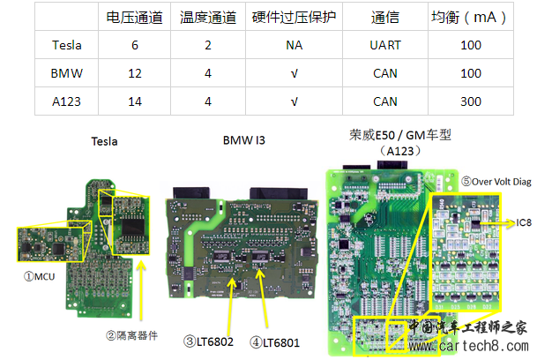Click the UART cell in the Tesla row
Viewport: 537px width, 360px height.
[x=386, y=45]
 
